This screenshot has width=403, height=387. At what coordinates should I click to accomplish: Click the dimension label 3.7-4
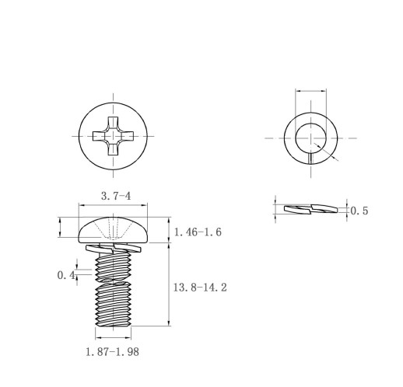[x=116, y=196]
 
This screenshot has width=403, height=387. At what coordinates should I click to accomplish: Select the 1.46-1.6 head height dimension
[x=198, y=232]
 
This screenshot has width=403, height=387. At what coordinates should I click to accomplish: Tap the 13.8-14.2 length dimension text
[x=200, y=288]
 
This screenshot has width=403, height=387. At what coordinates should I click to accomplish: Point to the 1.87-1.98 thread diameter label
[x=113, y=352]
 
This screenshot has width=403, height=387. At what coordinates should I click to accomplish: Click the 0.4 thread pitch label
[x=66, y=275]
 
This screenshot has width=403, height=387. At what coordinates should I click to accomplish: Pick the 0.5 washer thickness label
[x=359, y=211]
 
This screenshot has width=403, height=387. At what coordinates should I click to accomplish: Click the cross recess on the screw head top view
[x=114, y=136]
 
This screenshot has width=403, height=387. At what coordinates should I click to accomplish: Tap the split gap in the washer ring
[x=310, y=159]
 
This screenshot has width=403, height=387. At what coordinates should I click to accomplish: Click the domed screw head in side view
[x=113, y=230]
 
